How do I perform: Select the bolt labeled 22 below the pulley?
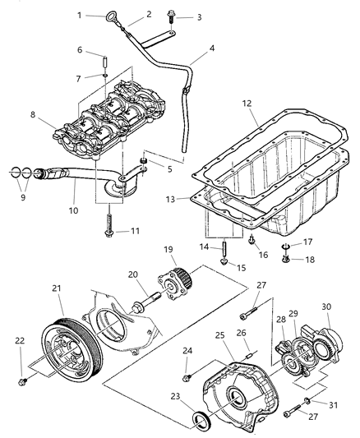[x=23, y=380]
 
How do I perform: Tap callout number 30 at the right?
[x=328, y=307]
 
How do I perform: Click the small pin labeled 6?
[x=104, y=63]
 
